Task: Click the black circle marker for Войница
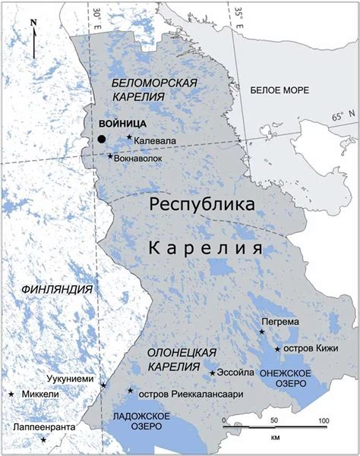tap(102, 139)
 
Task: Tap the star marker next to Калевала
tap(130, 138)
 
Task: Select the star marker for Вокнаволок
tap(110, 156)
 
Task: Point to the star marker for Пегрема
tap(262, 332)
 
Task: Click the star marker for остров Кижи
tap(277, 349)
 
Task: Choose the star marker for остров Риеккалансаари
tap(131, 391)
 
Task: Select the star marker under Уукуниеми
tap(104, 385)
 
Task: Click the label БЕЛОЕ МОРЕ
tap(279, 90)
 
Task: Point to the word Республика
tap(201, 205)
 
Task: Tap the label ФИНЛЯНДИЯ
tap(57, 290)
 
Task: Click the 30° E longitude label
tap(97, 12)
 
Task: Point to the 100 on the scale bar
tap(323, 420)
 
